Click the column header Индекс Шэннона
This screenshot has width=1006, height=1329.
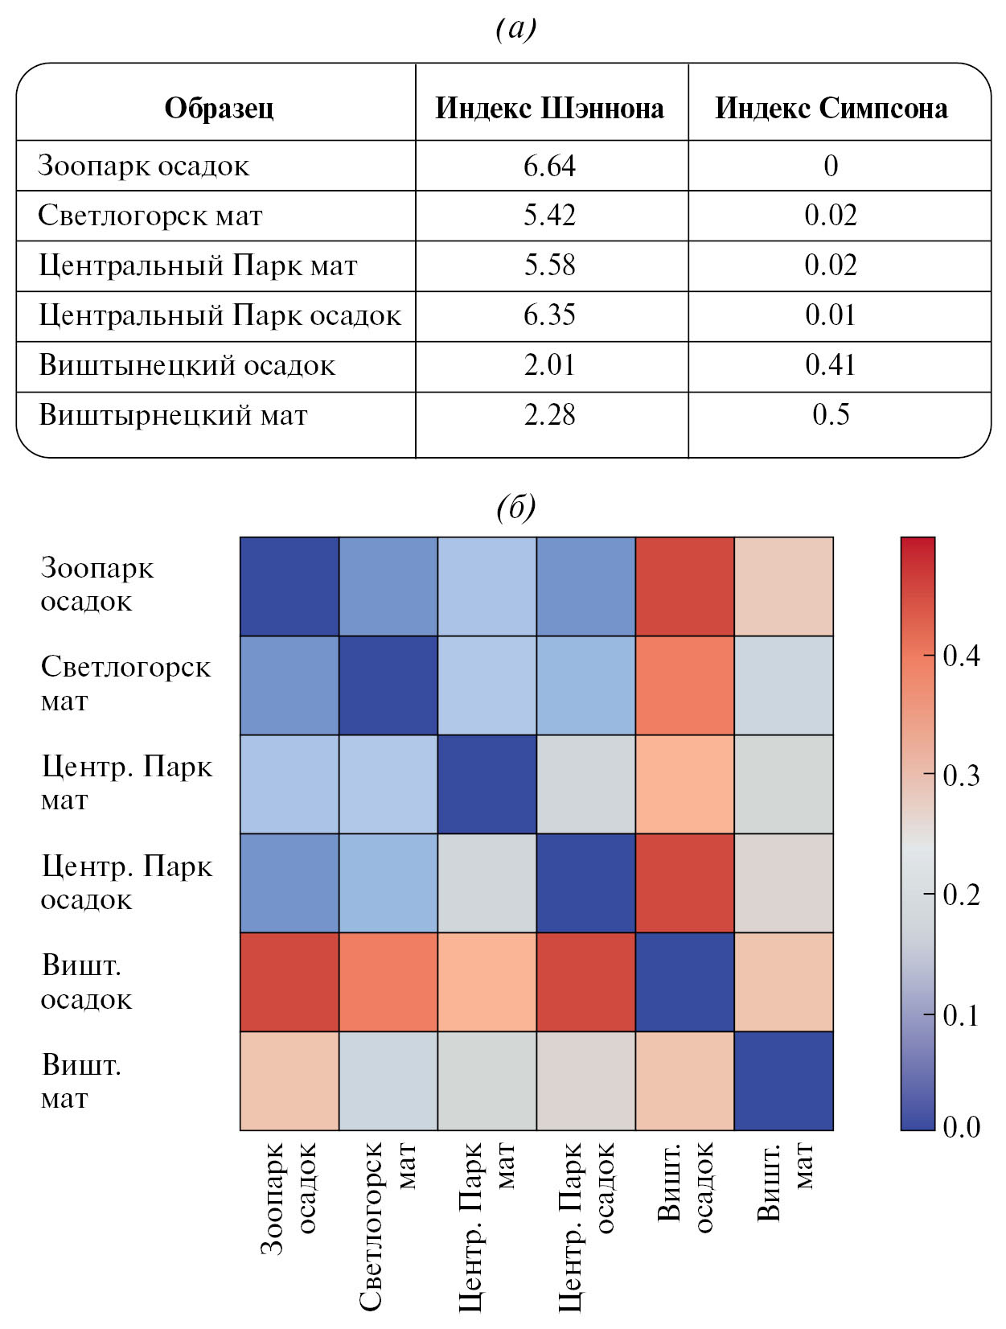click(550, 108)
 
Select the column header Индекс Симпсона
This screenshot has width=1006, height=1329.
click(831, 108)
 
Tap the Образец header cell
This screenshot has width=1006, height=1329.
click(219, 108)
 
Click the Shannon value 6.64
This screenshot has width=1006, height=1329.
click(550, 166)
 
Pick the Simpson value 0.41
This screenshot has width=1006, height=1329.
click(831, 365)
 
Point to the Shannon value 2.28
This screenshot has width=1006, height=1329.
click(550, 415)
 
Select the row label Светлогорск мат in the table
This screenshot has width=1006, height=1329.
click(150, 216)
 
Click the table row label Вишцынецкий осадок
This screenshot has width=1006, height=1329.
click(187, 365)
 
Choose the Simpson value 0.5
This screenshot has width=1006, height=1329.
click(831, 415)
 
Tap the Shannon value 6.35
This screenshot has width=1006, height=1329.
click(550, 315)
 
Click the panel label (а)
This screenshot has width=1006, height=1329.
click(515, 29)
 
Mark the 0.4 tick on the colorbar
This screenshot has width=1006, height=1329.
click(961, 656)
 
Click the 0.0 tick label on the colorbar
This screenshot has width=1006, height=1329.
click(961, 1126)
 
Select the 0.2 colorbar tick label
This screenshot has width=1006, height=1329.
click(961, 895)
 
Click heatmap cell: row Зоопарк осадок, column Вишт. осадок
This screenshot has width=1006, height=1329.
click(685, 586)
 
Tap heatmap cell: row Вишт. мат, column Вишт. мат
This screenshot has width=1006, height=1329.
click(784, 1080)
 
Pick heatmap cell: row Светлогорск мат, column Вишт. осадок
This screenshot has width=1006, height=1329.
click(685, 685)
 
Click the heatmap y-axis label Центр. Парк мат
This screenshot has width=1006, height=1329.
click(126, 784)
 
